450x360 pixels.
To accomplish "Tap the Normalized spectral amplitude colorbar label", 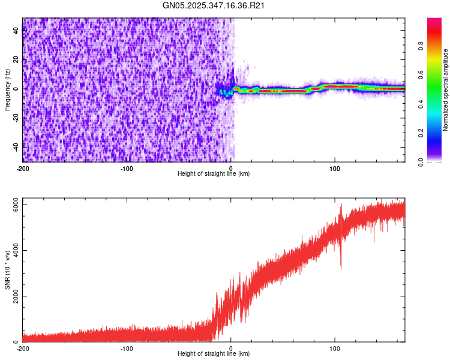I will [x=445, y=90].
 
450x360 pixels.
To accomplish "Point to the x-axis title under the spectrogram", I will [x=214, y=173].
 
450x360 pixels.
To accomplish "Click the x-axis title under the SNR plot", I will [x=214, y=353].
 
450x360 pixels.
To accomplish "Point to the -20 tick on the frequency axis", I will [x=16, y=118].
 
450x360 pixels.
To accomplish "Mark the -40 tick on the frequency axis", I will [x=16, y=146].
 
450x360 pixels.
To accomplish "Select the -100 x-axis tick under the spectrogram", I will [x=127, y=168].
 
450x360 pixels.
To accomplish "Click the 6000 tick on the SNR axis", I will [x=13, y=205].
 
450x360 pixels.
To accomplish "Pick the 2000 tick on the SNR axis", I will [x=13, y=296].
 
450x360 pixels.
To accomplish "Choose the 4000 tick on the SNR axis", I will [x=13, y=251].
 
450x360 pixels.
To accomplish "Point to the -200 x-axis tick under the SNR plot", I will [x=23, y=348].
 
